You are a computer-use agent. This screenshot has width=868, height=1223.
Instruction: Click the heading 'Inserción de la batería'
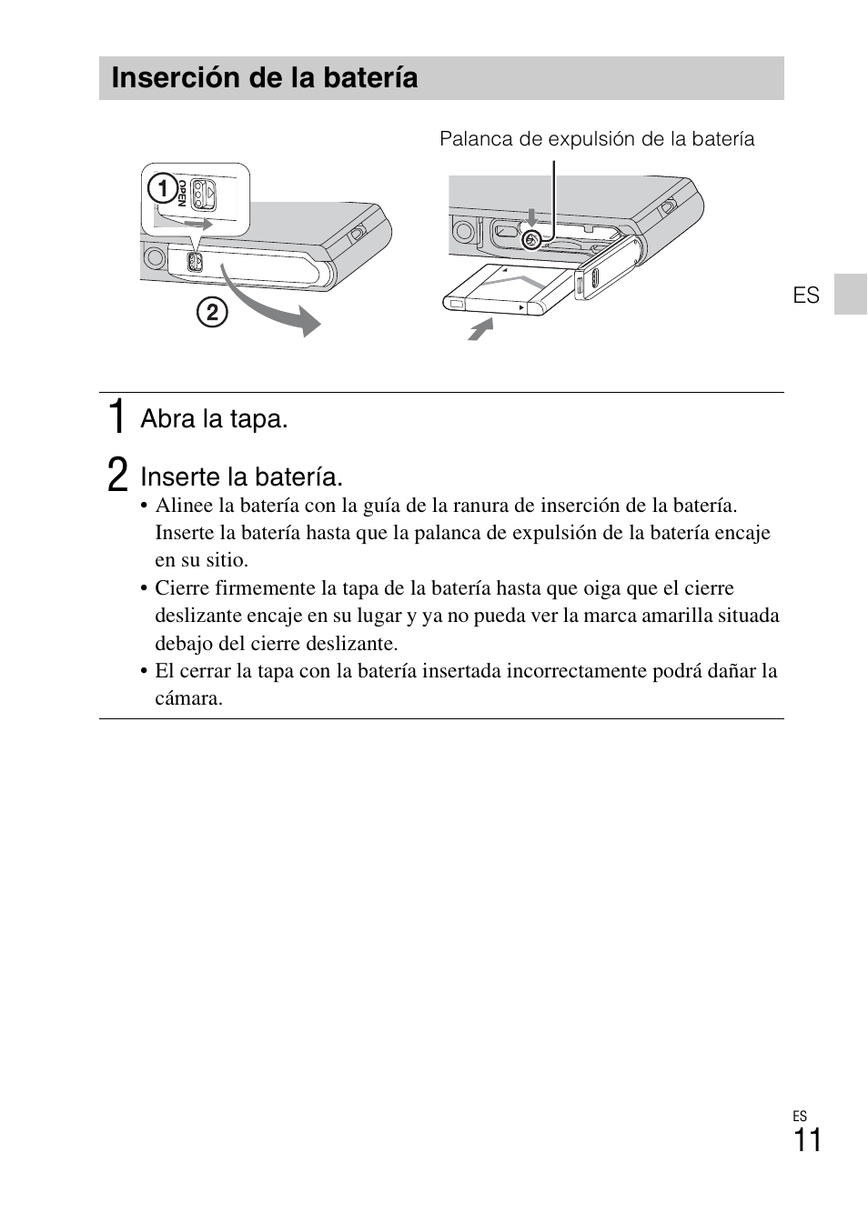point(265,78)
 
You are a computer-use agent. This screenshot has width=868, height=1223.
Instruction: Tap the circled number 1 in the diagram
point(163,189)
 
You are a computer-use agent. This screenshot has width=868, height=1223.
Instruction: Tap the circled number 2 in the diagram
point(211,313)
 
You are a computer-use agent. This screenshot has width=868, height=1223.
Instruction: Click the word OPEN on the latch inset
point(182,194)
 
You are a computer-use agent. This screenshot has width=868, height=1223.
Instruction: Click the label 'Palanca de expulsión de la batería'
point(597,139)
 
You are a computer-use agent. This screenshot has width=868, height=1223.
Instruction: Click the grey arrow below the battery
point(480,328)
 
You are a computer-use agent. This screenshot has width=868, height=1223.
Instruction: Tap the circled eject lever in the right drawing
point(532,239)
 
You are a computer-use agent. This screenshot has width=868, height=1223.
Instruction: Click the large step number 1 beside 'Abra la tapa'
point(116,416)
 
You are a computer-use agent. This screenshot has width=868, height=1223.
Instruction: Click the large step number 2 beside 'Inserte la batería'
point(116,476)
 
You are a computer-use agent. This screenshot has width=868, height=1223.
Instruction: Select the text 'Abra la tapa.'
point(214,419)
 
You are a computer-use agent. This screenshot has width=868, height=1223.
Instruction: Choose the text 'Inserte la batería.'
point(241,477)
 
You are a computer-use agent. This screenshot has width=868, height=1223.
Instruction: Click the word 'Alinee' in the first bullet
point(183,506)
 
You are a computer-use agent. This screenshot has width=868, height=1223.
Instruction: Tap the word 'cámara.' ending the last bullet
point(188,698)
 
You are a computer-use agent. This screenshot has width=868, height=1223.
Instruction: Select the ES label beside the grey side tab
point(806,296)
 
